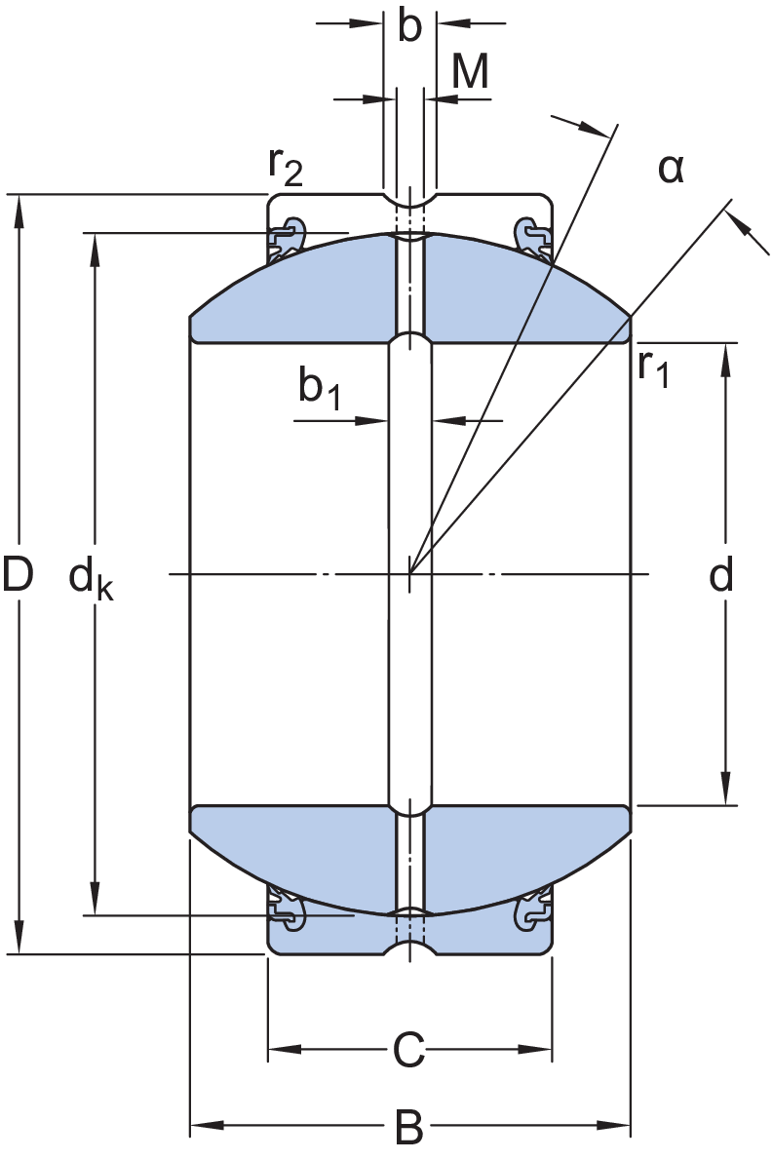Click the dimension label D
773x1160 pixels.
[18, 574]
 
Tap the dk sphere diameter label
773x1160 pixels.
[91, 579]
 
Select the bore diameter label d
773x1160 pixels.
[721, 574]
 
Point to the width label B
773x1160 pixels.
[409, 1126]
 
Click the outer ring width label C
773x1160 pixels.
[409, 1049]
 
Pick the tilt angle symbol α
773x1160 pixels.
[671, 170]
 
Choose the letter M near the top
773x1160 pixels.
[471, 72]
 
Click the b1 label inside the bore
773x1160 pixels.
[320, 388]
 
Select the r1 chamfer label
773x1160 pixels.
[653, 367]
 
